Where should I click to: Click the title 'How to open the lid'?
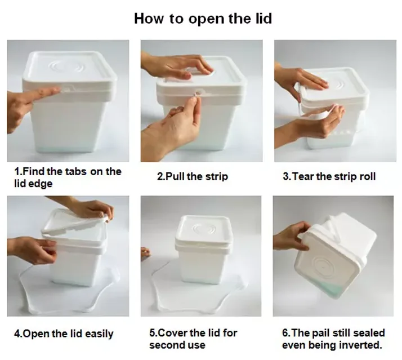pos(203,19)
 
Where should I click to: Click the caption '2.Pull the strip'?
pos(192,176)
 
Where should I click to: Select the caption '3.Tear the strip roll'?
pos(329,176)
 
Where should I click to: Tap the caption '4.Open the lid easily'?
pos(68,334)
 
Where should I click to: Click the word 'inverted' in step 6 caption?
pos(360,345)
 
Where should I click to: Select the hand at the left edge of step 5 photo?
pos(145,253)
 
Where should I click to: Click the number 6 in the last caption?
pos(285,333)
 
